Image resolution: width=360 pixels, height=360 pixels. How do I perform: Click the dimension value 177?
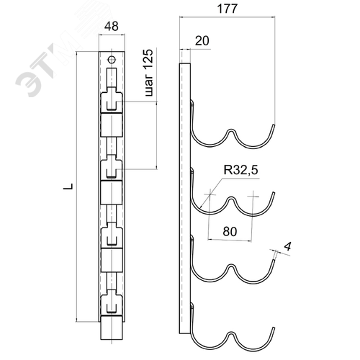pos(227,9)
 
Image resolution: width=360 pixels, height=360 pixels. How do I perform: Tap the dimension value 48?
pos(112,26)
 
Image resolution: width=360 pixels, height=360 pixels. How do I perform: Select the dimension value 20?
pos(202,40)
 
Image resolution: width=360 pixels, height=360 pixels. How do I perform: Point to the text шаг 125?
pos(149,73)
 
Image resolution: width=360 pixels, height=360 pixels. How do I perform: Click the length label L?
pos(68,186)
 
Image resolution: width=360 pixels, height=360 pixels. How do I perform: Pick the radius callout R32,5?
pos(240,170)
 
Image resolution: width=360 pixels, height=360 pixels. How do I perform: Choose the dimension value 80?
pos(230,231)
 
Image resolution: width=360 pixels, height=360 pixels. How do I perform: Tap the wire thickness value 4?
pos(287,246)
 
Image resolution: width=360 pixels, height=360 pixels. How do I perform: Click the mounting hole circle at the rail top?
pos(112,60)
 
